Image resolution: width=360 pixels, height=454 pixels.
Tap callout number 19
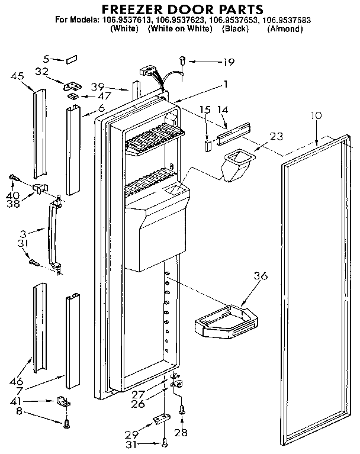pos(229,62)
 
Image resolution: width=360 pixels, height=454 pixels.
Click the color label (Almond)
pos(285,28)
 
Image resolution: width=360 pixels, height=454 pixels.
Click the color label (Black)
pos(234,28)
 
